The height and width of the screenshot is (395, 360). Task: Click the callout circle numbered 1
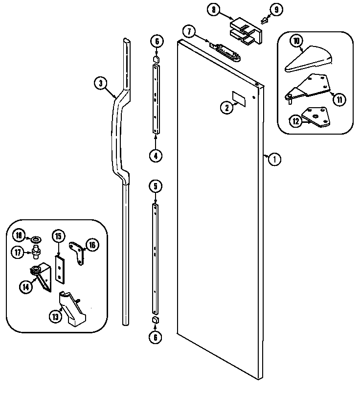click(x=275, y=159)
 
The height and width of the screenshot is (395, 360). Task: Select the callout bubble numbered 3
click(x=100, y=84)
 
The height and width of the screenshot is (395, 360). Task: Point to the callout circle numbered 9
click(x=277, y=9)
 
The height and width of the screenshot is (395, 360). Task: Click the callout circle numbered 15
click(x=58, y=236)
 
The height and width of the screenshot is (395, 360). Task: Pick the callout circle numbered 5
click(x=155, y=186)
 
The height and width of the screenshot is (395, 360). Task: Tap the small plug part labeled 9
click(x=265, y=21)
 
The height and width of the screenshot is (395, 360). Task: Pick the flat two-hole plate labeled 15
click(x=59, y=269)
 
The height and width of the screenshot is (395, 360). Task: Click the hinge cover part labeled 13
click(x=71, y=309)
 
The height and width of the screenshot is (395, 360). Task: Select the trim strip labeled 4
click(x=156, y=102)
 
